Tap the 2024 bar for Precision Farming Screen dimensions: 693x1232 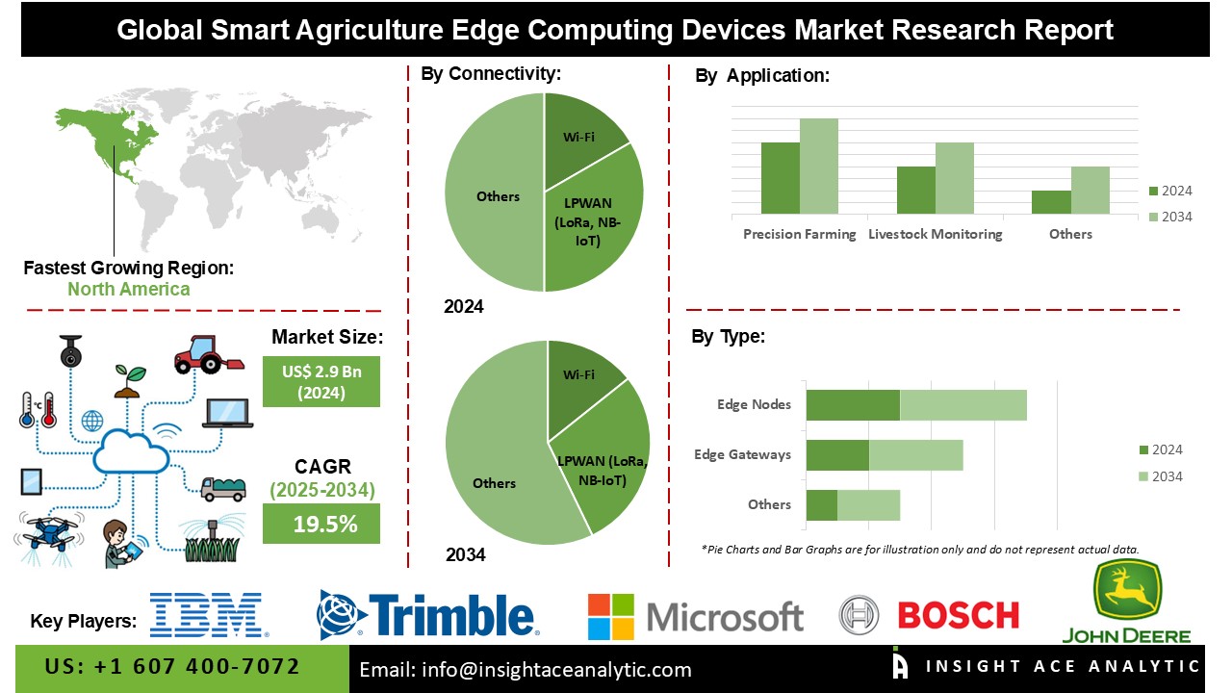pyautogui.click(x=780, y=178)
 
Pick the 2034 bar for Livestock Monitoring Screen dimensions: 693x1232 pyautogui.click(x=954, y=178)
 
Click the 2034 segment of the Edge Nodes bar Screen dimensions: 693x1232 pyautogui.click(x=962, y=405)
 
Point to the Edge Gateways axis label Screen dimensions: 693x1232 pyautogui.click(x=742, y=454)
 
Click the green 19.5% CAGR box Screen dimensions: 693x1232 pyautogui.click(x=321, y=524)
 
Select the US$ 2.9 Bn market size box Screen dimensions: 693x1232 pyautogui.click(x=321, y=380)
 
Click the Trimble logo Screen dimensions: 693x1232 pyautogui.click(x=427, y=616)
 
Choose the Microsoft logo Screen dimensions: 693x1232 pyautogui.click(x=695, y=616)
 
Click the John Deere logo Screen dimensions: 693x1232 pyautogui.click(x=1126, y=602)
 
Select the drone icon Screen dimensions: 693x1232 pyautogui.click(x=48, y=534)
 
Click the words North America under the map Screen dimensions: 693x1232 pyautogui.click(x=128, y=289)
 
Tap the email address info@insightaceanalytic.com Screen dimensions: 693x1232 pyautogui.click(x=526, y=670)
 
